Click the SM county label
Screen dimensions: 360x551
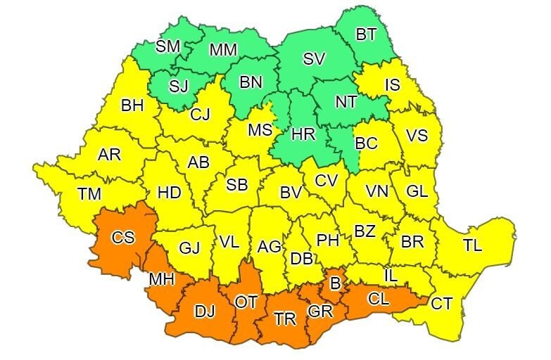coord(167,46)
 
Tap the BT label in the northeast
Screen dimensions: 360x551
coord(365,34)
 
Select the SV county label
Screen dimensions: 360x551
coord(314,60)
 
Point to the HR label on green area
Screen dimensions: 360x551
coord(304,134)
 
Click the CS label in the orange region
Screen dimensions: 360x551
coord(123,237)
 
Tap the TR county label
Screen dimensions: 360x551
coord(285,319)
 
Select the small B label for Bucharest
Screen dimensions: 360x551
coord(336,284)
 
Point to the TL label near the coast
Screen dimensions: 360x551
coord(472,246)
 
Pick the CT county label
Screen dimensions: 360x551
coord(441,304)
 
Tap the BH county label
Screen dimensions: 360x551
coord(132,105)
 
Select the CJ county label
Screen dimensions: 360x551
coord(201,112)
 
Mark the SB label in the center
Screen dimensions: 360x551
coord(236,185)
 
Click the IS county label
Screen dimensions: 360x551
coord(392,85)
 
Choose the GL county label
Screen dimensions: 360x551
coord(417,191)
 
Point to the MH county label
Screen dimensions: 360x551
coord(161,279)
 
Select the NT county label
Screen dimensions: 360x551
coord(346,101)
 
